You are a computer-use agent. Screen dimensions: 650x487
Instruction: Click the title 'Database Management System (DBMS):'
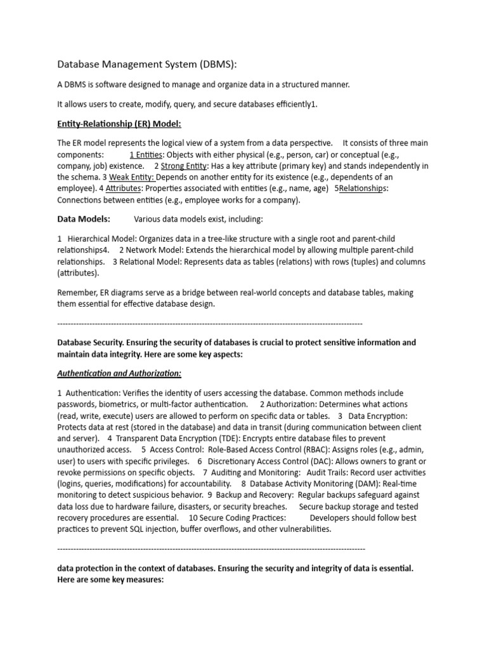point(146,64)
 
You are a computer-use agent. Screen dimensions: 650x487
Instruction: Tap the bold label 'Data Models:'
point(84,219)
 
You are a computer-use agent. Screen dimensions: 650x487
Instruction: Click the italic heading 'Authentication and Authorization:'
point(119,373)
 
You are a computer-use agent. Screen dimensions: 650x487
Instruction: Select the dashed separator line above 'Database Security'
point(209,323)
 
